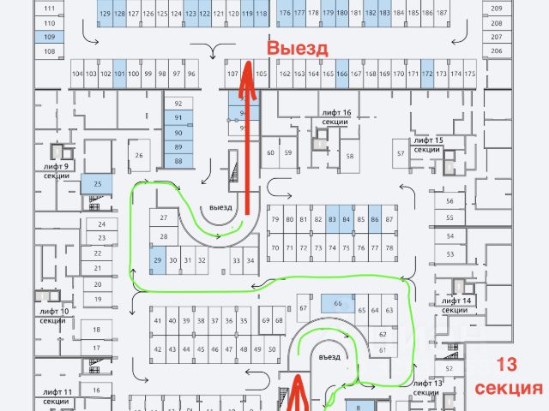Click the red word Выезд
coord(297,49)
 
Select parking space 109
coord(49,38)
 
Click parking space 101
coord(119,74)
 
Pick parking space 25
coord(97,184)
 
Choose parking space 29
coord(158,259)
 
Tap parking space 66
coord(338,303)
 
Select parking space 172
coord(426,74)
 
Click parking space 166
coord(341,74)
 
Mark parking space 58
coord(349,156)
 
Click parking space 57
coord(400,153)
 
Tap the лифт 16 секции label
coord(335,117)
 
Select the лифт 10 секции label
coord(53,315)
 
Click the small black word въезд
coord(329,356)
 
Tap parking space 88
coord(178,161)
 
